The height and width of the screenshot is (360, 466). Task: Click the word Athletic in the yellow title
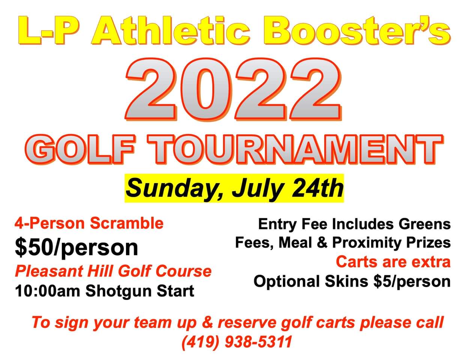click(x=171, y=30)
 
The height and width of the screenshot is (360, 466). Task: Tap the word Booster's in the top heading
click(x=357, y=30)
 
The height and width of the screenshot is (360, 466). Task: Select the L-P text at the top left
click(x=49, y=30)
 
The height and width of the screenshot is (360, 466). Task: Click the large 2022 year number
click(x=233, y=89)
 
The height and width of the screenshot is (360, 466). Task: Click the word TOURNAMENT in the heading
click(x=295, y=150)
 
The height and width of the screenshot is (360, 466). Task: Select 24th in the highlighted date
click(x=317, y=188)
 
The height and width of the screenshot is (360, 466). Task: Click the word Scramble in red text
click(x=127, y=223)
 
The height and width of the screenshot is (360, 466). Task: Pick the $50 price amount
click(x=34, y=247)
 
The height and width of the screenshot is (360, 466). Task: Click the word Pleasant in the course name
click(x=49, y=271)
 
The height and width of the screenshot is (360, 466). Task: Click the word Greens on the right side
click(x=425, y=224)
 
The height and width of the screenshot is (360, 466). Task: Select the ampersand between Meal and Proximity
click(x=322, y=243)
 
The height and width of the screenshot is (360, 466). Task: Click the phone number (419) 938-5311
click(x=237, y=342)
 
